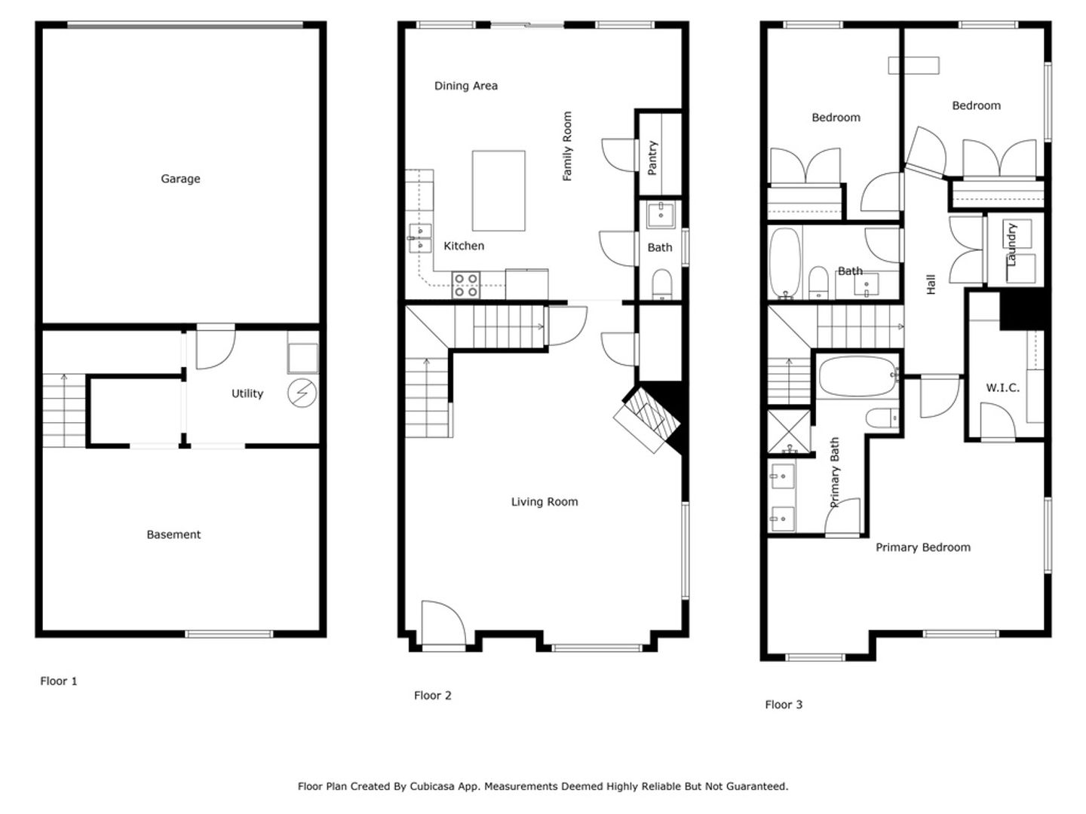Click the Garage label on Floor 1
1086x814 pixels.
pos(180,179)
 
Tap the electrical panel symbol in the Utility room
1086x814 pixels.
pos(302,393)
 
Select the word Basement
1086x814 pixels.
pos(173,534)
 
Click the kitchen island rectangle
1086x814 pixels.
pos(499,190)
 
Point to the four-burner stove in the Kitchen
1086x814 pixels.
pos(465,285)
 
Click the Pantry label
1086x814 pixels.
pos(652,158)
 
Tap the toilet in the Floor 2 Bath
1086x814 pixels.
pos(661,284)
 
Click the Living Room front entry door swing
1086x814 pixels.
pos(443,623)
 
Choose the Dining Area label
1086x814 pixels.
pos(465,85)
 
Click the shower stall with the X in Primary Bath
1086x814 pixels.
pos(789,431)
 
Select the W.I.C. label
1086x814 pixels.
pos(1002,387)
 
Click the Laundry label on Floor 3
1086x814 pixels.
pos(1011,244)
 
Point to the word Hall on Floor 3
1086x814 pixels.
pos(931,284)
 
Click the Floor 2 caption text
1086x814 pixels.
pos(432,696)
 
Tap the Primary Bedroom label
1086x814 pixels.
pos(923,547)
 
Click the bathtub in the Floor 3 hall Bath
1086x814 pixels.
pos(785,263)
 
